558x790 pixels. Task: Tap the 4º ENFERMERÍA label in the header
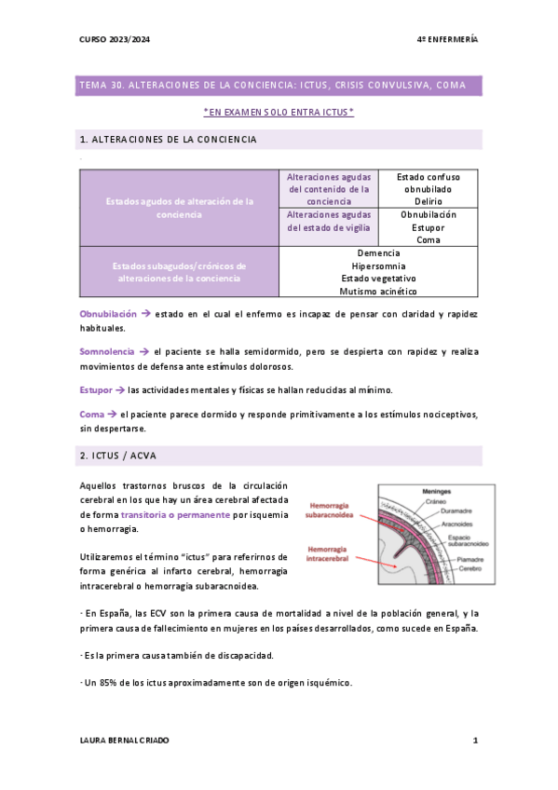(x=447, y=41)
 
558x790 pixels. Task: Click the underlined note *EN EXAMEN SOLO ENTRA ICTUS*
(x=279, y=113)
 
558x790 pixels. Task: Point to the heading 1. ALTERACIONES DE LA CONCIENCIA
(x=169, y=140)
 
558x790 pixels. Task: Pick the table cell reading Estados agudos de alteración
(x=180, y=208)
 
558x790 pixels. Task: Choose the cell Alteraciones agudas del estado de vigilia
(x=329, y=221)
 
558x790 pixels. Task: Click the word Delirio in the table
(x=429, y=201)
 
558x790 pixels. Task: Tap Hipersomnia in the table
(x=378, y=266)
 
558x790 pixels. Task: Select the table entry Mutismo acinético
(x=378, y=292)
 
